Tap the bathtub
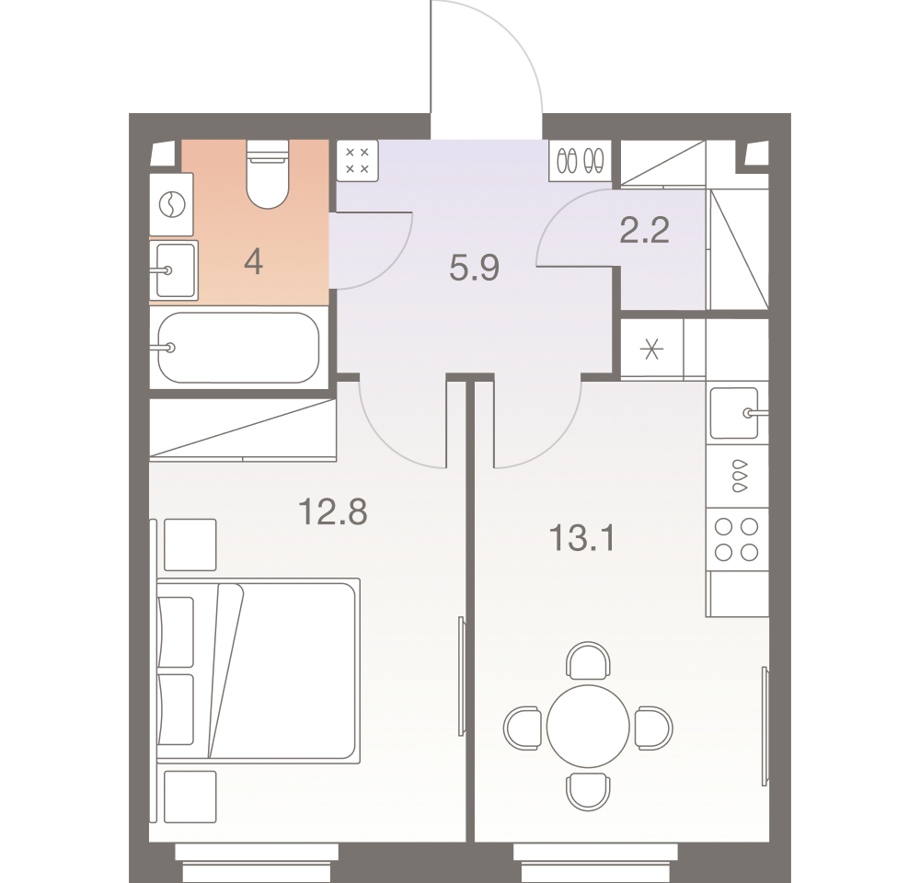[238, 348]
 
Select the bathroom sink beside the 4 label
[174, 270]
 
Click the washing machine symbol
[172, 205]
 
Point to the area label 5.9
[474, 269]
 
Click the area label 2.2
[644, 230]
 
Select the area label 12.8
[333, 511]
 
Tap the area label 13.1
[582, 538]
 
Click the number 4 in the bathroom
[254, 261]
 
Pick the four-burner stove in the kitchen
[737, 539]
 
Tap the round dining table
[588, 727]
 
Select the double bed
[259, 671]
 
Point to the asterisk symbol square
[652, 350]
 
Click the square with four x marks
[357, 161]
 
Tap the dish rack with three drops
[738, 476]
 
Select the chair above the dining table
[588, 659]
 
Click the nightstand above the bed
[190, 545]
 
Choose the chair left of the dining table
[523, 728]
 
